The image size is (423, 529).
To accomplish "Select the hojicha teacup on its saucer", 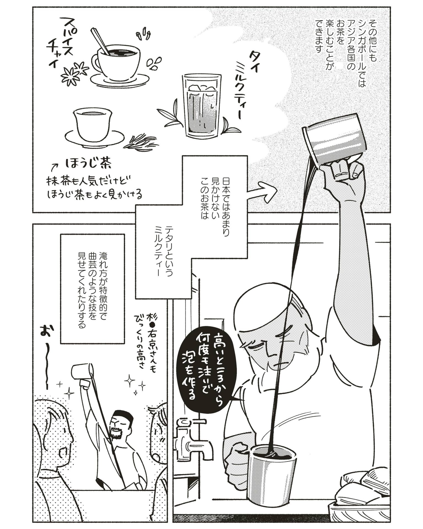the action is [94, 128].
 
